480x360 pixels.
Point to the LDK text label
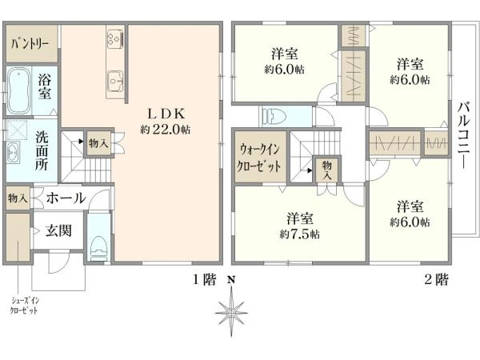pos(165,113)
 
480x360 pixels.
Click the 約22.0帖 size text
pos(165,129)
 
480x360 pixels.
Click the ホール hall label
pos(66,197)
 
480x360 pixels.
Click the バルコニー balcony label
pos(463,135)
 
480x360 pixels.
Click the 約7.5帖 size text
pos(300,234)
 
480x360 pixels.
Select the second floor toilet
pos(274,116)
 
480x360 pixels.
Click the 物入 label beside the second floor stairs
pos(327,169)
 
